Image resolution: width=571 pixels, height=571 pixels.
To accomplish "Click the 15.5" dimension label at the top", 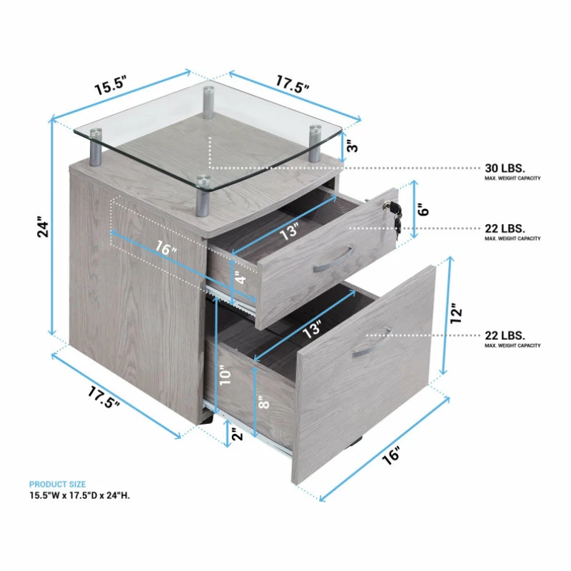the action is (x=111, y=85).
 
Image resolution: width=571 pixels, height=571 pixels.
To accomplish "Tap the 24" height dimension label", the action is (x=43, y=228).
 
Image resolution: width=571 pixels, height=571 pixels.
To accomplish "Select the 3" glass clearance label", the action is (x=353, y=147).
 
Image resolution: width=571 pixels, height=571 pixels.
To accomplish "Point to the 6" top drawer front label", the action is (x=424, y=210).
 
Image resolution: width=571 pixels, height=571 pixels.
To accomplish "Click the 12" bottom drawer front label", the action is (x=455, y=313).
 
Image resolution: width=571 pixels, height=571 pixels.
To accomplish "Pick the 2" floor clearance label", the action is (x=237, y=434).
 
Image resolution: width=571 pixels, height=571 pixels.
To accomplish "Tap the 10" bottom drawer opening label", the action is (x=225, y=375).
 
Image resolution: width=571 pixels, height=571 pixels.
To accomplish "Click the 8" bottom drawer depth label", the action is (x=263, y=403).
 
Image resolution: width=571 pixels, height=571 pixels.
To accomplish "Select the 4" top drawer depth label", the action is (x=241, y=279).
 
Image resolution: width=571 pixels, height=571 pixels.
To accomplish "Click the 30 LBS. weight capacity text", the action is (x=505, y=168).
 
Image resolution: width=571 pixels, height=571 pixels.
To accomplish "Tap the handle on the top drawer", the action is (x=333, y=259).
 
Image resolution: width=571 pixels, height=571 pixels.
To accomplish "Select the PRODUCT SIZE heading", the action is (x=58, y=485).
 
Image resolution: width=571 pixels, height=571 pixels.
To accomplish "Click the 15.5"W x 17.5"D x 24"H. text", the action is (x=80, y=495).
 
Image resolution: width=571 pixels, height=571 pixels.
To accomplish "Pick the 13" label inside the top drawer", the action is (x=289, y=231).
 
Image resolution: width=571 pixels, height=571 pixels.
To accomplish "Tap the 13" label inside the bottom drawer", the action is (x=312, y=329).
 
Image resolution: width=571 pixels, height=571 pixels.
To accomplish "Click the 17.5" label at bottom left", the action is (x=103, y=398).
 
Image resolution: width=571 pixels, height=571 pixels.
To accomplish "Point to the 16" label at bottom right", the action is (x=392, y=455).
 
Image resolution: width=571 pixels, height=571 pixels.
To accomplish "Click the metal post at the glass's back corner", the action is (x=208, y=102).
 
